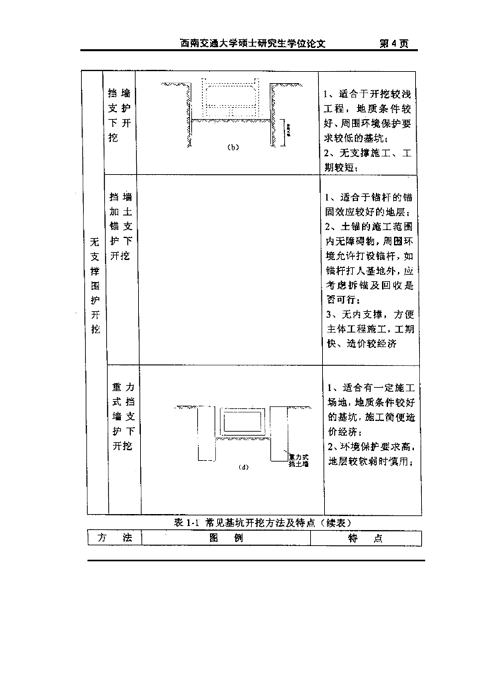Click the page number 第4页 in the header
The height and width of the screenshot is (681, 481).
pos(393,44)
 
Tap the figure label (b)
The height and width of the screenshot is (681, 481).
pos(233,147)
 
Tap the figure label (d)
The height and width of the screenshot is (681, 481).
pos(243,468)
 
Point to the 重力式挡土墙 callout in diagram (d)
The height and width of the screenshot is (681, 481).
pos(298,460)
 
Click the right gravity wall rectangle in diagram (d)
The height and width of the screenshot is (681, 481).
pos(279,433)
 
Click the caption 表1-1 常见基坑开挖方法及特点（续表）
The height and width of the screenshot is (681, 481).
pos(258,523)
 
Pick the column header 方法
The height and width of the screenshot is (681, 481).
pos(114,538)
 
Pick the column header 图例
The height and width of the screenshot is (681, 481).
pos(226,538)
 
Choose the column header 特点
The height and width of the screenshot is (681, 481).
pos(365,539)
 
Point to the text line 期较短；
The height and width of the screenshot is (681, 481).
pos(341,168)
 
